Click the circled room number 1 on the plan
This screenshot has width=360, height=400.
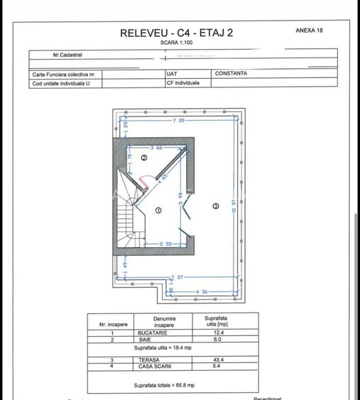pos(158,210)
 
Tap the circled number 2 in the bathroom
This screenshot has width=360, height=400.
pos(143,158)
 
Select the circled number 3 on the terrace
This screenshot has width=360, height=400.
pos(216,205)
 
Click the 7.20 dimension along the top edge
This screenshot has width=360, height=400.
pos(178,121)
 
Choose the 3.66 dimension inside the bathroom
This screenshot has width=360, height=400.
pos(156,148)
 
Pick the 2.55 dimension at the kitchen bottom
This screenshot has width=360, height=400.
pos(165,244)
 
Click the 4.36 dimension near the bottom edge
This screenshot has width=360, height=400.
pos(202,291)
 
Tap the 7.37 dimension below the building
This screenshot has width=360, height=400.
pos(180,277)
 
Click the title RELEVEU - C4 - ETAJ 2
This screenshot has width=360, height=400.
pos(176,33)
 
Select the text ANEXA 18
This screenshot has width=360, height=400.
pos(309,31)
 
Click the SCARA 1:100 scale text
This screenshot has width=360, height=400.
pos(176,43)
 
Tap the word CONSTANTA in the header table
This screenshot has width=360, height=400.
pos(231,73)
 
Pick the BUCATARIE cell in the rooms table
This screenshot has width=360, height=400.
pos(164,333)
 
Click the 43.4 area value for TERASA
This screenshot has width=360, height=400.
pos(211,360)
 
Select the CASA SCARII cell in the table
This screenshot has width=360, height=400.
pos(164,367)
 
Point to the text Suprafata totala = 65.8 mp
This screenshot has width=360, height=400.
pos(165,386)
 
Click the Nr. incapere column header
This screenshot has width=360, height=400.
pos(113,324)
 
